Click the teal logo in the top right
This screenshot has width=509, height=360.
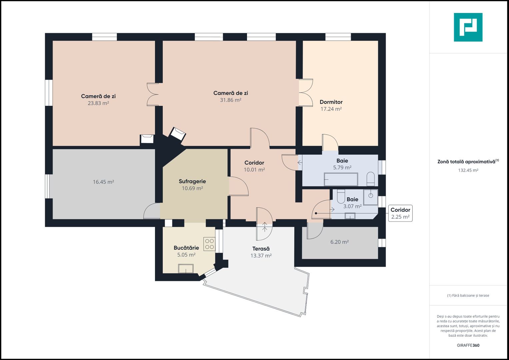[x=468, y=27]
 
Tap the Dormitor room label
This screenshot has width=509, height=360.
[x=331, y=102]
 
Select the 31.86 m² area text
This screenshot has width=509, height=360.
[x=231, y=100]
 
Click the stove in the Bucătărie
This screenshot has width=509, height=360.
[x=209, y=244]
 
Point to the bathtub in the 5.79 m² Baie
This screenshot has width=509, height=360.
[x=341, y=179]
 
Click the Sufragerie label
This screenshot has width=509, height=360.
[x=192, y=181]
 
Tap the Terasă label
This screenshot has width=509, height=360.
[x=261, y=249]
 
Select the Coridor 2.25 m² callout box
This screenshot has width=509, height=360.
[x=400, y=213]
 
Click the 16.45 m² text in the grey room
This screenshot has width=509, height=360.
[x=103, y=182]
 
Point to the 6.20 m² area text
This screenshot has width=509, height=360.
[x=339, y=242]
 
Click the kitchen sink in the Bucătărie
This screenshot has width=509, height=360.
[x=186, y=268]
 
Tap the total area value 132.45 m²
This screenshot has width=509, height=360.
[x=468, y=170]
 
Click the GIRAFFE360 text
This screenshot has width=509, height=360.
[x=468, y=345]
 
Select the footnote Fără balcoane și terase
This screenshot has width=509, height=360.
[x=468, y=295]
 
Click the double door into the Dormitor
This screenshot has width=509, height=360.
[x=306, y=93]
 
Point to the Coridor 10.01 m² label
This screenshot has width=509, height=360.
[x=254, y=166]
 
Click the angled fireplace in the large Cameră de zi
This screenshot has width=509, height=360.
[x=177, y=134]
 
